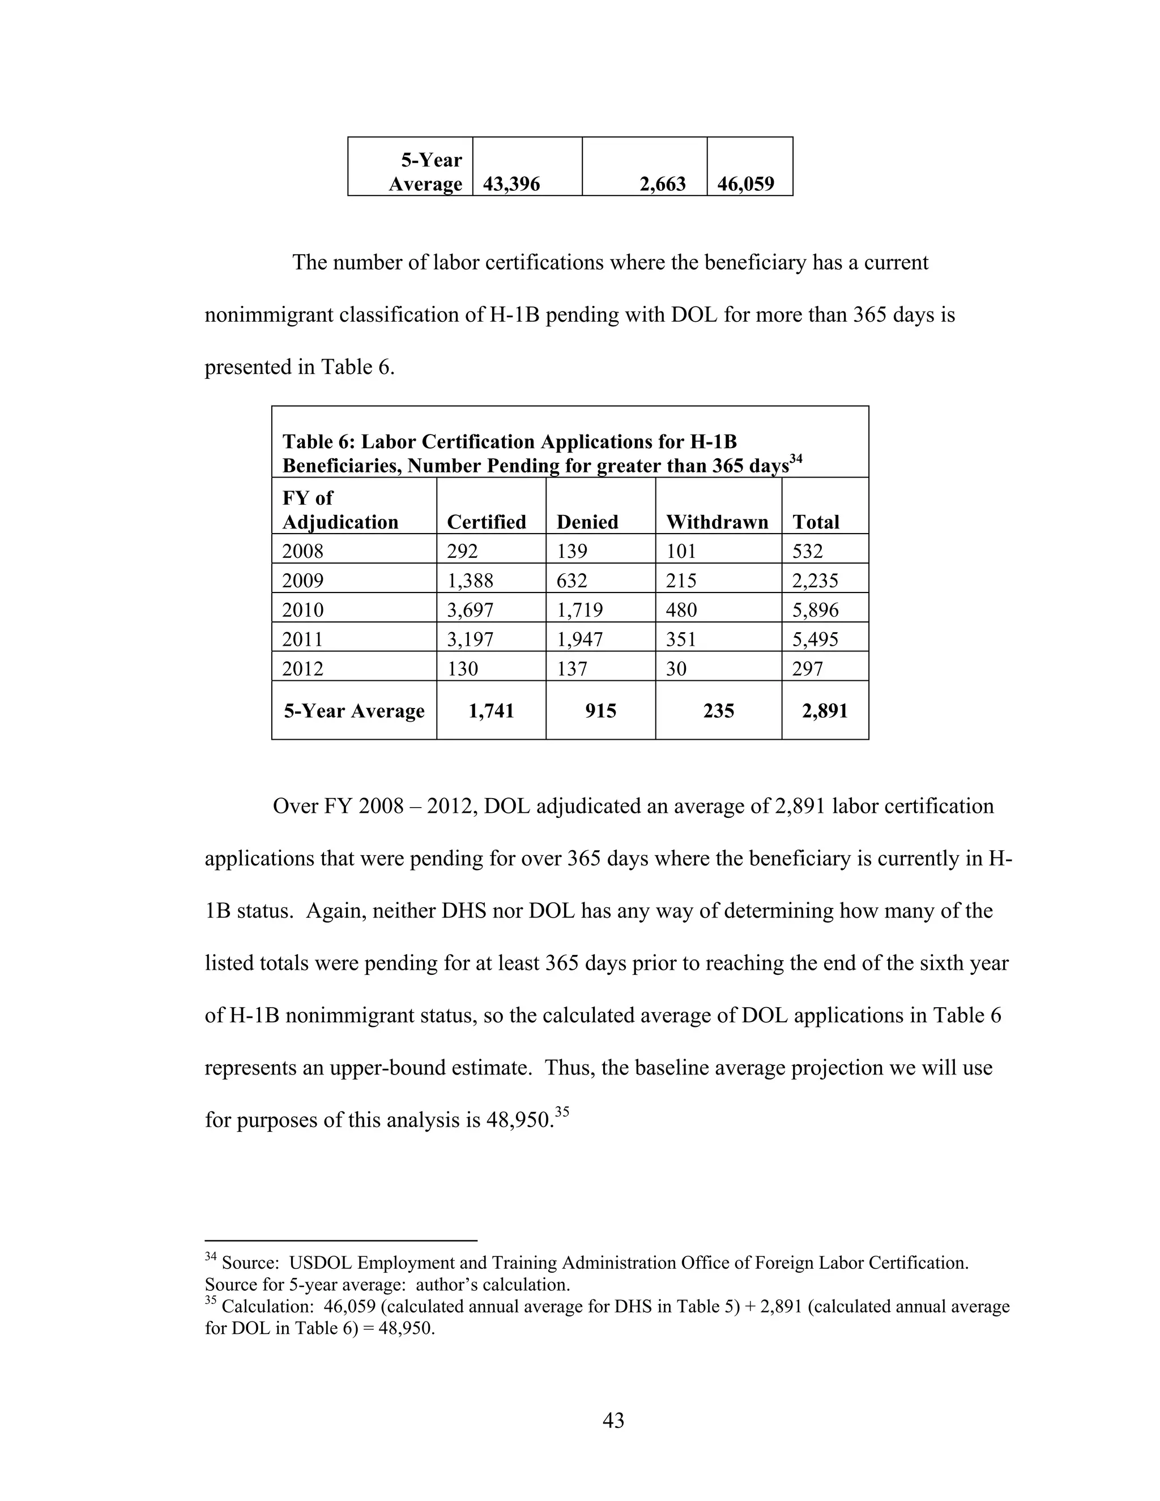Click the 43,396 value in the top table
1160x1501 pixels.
[511, 184]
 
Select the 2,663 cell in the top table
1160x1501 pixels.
[663, 184]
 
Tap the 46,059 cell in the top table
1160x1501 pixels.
[745, 184]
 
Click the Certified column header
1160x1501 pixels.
[486, 522]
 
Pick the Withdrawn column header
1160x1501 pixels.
[717, 522]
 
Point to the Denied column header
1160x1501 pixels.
[587, 522]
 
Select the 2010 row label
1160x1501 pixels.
[303, 609]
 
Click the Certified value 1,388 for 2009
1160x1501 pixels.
[470, 581]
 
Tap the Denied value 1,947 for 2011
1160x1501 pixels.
[579, 639]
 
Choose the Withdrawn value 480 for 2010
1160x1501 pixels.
[681, 609]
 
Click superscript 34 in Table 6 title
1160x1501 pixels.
[796, 458]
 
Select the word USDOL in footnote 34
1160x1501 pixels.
[320, 1263]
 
